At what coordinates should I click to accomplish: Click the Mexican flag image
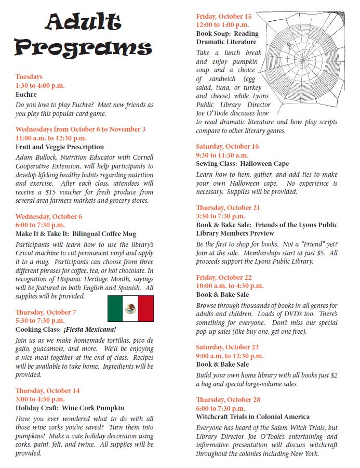130,308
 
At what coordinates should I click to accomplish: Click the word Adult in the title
83,22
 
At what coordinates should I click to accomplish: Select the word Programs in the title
83,47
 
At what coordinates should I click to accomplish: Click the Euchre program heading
26,95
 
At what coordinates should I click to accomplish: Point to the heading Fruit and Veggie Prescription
60,147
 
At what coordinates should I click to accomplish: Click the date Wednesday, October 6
49,217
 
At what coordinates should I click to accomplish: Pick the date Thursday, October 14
48,391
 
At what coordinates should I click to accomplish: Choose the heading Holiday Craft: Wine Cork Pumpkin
70,408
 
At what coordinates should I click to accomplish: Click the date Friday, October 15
223,16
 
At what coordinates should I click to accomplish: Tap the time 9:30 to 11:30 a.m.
222,155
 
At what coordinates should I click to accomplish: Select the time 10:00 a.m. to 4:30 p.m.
230,286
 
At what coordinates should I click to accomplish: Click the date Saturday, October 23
227,347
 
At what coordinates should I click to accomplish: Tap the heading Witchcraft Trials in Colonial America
252,417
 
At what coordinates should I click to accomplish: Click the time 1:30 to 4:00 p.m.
40,86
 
